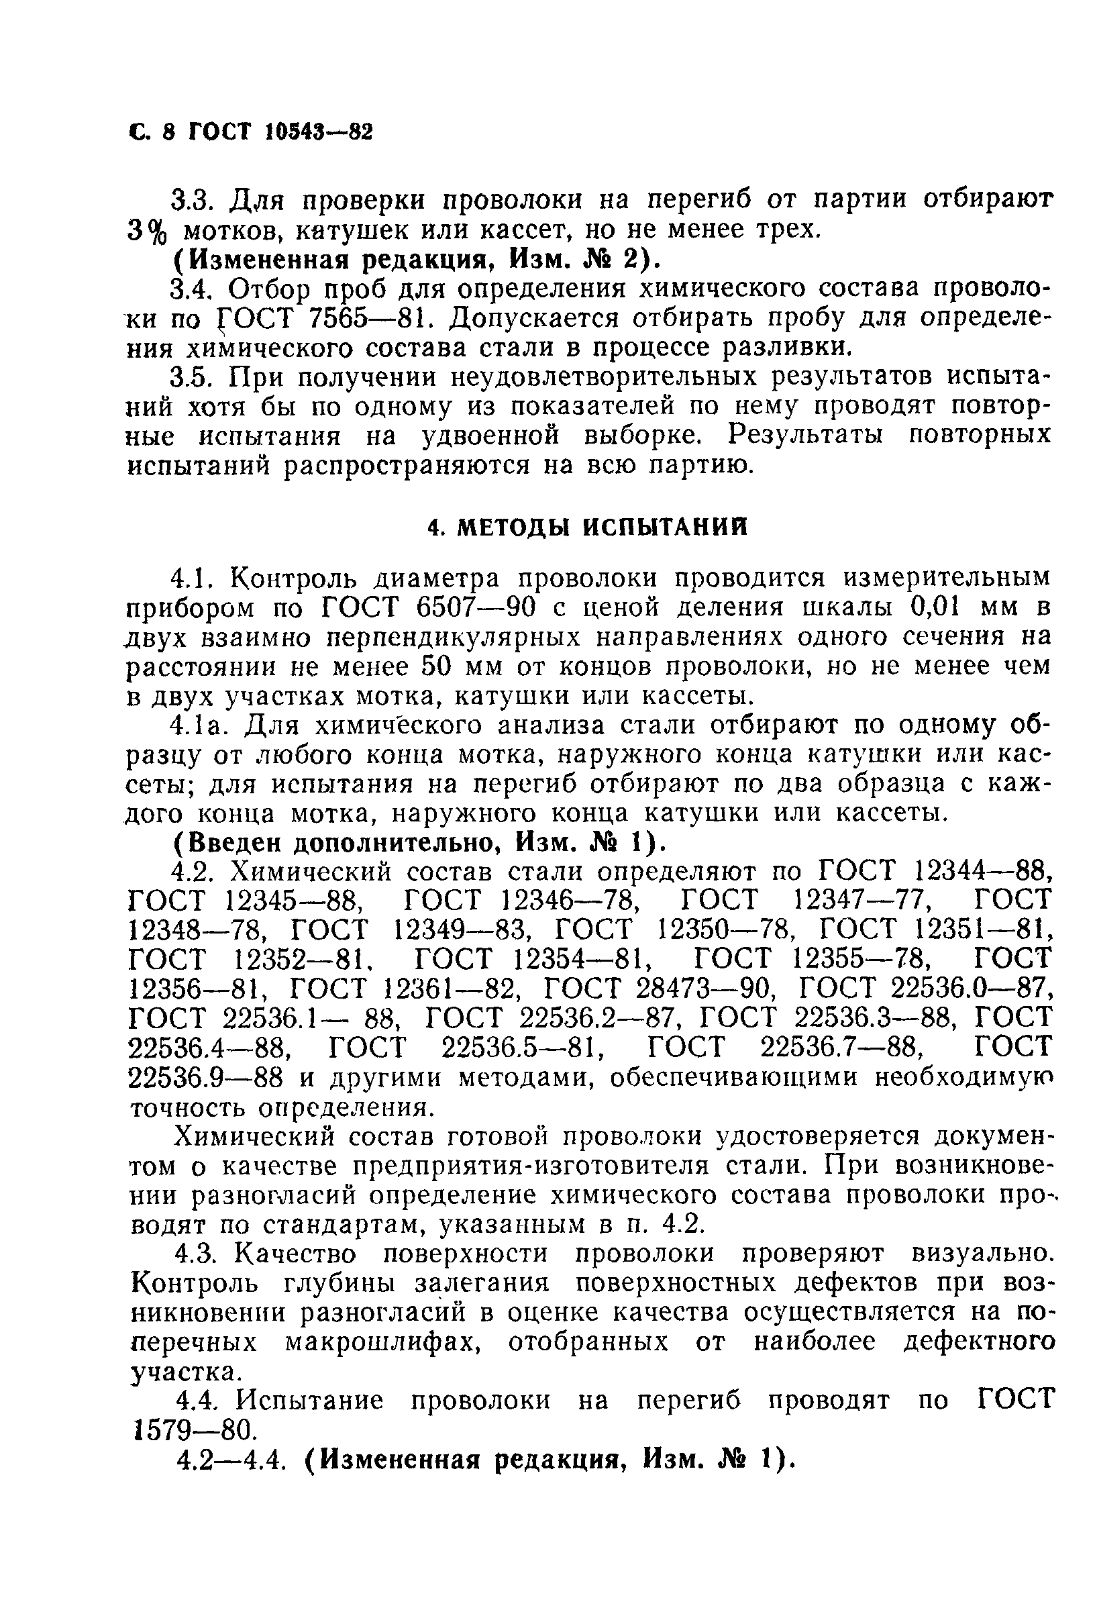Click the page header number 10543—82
tap(318, 131)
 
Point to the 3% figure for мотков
tap(148, 231)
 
